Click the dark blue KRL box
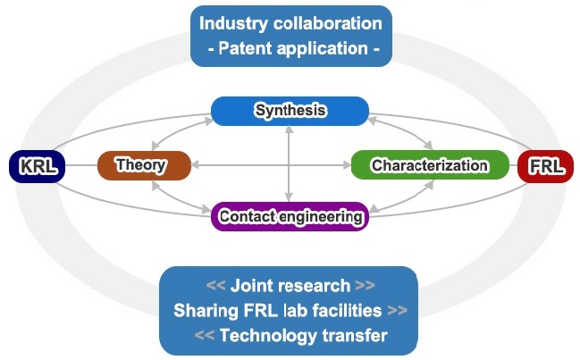pyautogui.click(x=37, y=166)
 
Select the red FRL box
pyautogui.click(x=546, y=166)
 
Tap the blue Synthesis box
pyautogui.click(x=290, y=111)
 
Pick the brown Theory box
pyautogui.click(x=144, y=165)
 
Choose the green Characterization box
pyautogui.click(x=430, y=165)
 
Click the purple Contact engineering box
pyautogui.click(x=290, y=216)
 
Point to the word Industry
pyautogui.click(x=233, y=23)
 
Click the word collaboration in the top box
pyautogui.click(x=328, y=23)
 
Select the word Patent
pyautogui.click(x=245, y=48)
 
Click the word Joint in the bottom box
pyautogui.click(x=251, y=286)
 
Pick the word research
pyautogui.click(x=314, y=286)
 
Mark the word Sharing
pyautogui.click(x=206, y=311)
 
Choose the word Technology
pyautogui.click(x=268, y=336)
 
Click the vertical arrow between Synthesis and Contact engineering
pyautogui.click(x=290, y=163)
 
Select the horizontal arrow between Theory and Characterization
pyautogui.click(x=271, y=165)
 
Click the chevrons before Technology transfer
pyautogui.click(x=204, y=336)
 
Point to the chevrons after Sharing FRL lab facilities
pyautogui.click(x=398, y=311)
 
